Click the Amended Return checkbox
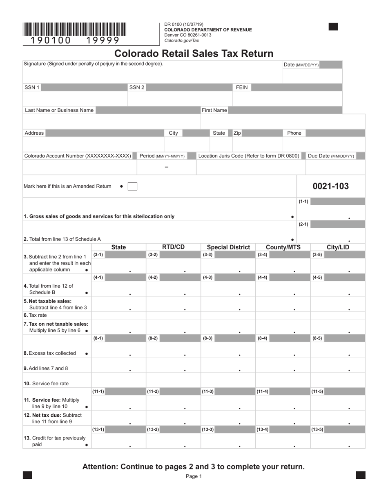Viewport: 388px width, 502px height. tap(132, 187)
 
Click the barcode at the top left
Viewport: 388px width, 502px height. tap(74, 30)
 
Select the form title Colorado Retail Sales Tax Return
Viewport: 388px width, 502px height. tap(194, 53)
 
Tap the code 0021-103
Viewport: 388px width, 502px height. tap(330, 187)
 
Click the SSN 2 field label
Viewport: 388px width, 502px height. tap(137, 87)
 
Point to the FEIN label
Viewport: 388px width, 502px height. tap(242, 87)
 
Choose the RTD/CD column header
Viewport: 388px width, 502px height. tap(173, 247)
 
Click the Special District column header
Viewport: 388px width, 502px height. tap(228, 247)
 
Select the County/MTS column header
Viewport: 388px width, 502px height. tap(283, 247)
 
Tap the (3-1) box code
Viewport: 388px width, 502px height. tap(98, 255)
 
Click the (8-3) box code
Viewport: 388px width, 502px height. tap(207, 338)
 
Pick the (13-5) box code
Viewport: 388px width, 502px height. tap(318, 429)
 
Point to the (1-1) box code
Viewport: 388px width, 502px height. tap(303, 202)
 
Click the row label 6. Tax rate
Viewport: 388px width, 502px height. tap(35, 315)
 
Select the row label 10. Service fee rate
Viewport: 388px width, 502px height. tap(46, 384)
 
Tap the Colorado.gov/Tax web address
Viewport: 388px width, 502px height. tap(181, 40)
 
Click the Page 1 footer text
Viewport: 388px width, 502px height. tap(194, 476)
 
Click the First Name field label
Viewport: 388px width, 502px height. tap(214, 110)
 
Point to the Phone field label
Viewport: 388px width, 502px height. tap(294, 133)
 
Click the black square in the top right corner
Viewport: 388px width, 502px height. tap(333, 27)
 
